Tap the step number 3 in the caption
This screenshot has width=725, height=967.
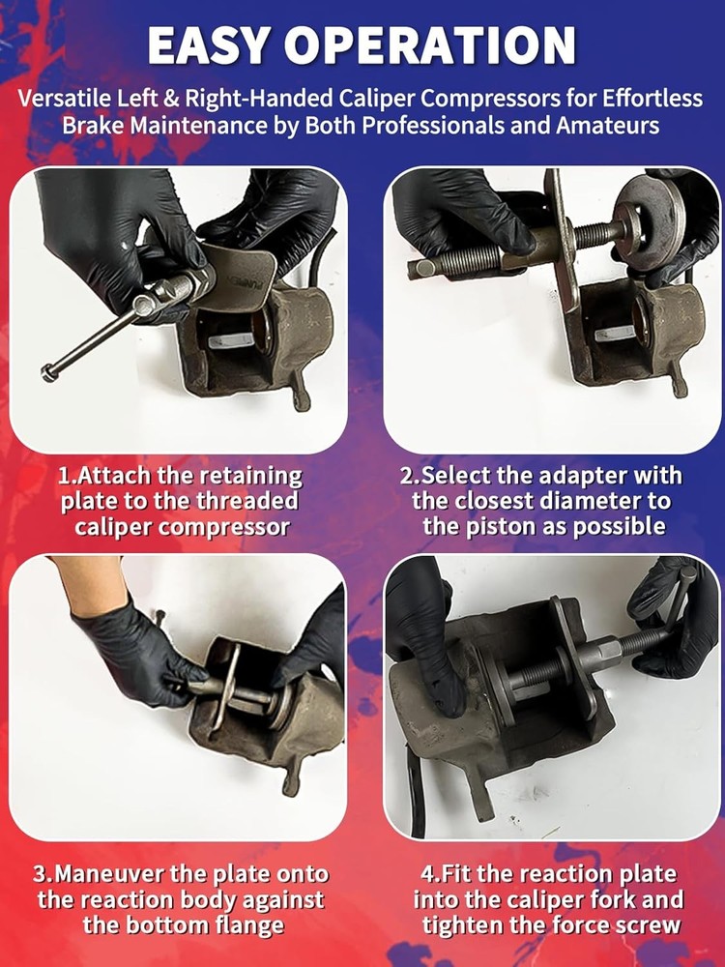(42, 874)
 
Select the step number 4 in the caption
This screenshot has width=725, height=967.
(428, 874)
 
